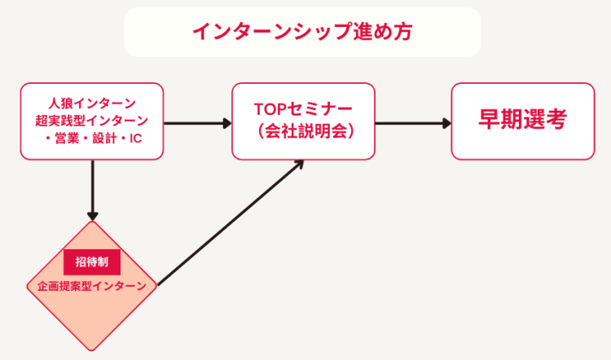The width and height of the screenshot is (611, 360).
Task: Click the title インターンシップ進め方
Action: pos(302,32)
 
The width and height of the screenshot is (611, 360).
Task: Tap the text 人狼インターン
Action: pos(92,103)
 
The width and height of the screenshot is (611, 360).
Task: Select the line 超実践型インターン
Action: pos(92,121)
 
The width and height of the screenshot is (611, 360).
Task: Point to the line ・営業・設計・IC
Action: pos(93,138)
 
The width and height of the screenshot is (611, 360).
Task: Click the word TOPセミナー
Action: pos(303,109)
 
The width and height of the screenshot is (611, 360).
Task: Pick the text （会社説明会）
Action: pos(303,131)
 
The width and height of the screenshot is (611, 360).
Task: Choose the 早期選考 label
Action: pos(522,119)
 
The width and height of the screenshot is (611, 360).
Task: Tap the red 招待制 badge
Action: pos(92,261)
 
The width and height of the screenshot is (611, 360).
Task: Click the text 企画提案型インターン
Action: pos(92,286)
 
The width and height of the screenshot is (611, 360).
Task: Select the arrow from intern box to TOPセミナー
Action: pos(198,124)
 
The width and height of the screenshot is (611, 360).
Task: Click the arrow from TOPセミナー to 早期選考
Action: pos(413,124)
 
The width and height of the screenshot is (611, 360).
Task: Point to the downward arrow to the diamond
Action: pos(92,191)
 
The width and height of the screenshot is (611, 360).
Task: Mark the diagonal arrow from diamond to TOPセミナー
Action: pos(231,222)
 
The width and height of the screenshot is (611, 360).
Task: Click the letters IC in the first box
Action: pos(135,138)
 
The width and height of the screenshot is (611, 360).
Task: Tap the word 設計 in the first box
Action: pos(104,138)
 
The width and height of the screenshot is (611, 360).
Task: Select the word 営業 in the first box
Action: pos(67,138)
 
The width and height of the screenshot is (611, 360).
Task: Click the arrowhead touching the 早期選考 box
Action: pos(447,124)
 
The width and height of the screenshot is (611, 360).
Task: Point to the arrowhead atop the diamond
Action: pos(92,216)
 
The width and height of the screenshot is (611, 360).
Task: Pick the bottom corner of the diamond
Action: pos(91,351)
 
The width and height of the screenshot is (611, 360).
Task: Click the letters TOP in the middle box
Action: pos(270,109)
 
